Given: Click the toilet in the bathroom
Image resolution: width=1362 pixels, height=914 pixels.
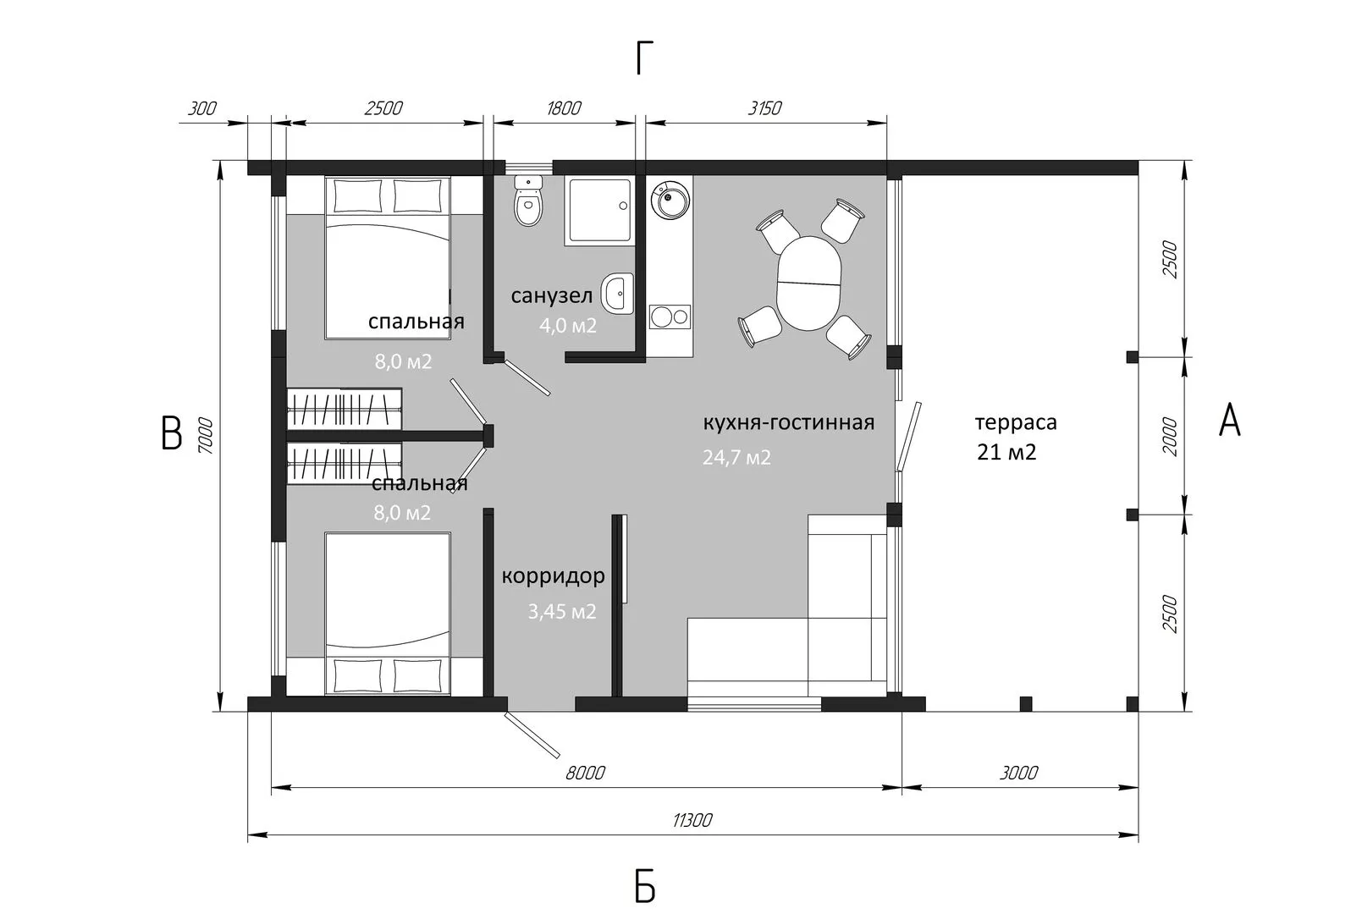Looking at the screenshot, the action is click(527, 201).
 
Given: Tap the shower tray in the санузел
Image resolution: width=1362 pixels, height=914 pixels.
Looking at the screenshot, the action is click(599, 211).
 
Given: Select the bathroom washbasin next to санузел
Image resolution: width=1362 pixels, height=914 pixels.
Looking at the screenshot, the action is click(617, 293).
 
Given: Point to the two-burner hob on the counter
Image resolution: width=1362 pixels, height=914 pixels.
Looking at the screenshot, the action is click(670, 317).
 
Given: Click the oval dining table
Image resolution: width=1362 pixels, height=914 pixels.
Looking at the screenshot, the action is click(808, 284).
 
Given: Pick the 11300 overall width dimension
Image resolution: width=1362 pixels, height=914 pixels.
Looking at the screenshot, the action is click(692, 820).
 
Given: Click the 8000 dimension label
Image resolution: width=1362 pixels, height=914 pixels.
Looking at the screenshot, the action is click(585, 773).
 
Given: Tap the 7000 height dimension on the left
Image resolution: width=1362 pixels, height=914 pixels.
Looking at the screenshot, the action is click(206, 436).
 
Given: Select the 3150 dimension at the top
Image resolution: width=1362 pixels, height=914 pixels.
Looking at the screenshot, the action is click(764, 108).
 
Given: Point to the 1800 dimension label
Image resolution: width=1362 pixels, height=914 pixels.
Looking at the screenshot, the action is click(564, 108).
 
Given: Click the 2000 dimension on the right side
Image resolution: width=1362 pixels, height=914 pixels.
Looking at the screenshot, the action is click(1170, 437).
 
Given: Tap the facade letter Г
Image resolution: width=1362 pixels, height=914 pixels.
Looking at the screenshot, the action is click(644, 58).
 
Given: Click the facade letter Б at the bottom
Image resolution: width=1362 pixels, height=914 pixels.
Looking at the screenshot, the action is click(644, 888).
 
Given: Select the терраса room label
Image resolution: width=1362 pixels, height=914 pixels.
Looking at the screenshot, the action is click(1016, 422).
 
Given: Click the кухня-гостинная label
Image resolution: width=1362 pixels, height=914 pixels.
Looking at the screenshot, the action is click(789, 422).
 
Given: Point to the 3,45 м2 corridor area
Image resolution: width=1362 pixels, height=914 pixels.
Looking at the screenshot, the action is click(562, 611).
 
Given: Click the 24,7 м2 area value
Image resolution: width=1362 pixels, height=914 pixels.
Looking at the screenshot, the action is click(737, 457).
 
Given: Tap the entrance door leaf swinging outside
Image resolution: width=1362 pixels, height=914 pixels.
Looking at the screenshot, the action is click(532, 735).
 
